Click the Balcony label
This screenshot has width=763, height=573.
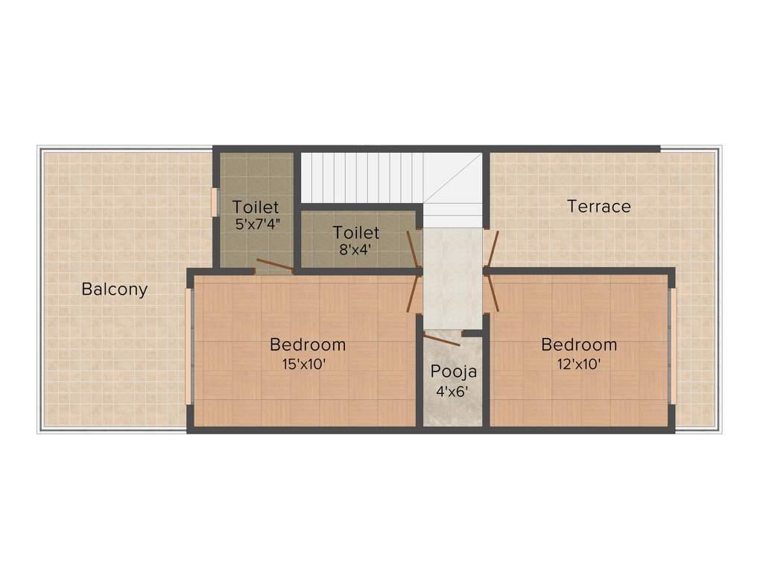(115, 289)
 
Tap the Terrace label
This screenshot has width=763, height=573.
(599, 207)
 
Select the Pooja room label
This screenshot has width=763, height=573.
(453, 372)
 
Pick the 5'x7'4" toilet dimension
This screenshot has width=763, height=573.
(256, 224)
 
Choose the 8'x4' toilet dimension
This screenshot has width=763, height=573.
(355, 251)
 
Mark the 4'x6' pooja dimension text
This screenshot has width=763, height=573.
(452, 391)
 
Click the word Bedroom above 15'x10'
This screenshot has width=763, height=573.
(308, 345)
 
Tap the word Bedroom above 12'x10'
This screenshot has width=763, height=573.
(579, 345)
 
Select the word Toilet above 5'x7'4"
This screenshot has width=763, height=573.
(256, 207)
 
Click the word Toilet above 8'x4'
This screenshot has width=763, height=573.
(356, 233)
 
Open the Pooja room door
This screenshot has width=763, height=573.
(442, 339)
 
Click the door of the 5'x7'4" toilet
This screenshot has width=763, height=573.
(273, 264)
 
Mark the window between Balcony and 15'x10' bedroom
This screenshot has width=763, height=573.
(189, 346)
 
